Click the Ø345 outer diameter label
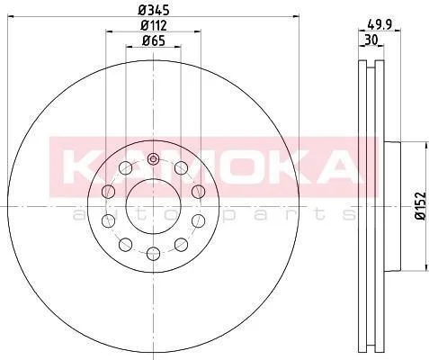pos(154,11)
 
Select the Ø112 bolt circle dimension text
pos(154,25)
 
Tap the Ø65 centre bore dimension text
pos(154,40)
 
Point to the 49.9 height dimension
pos(380,24)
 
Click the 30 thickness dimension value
pos(371,40)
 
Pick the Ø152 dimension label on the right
pos(420,206)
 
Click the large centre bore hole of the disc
pos(154,206)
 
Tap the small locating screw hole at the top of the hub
pos(153,159)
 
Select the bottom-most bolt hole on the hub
pos(153,254)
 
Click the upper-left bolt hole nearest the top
pos(125,167)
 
